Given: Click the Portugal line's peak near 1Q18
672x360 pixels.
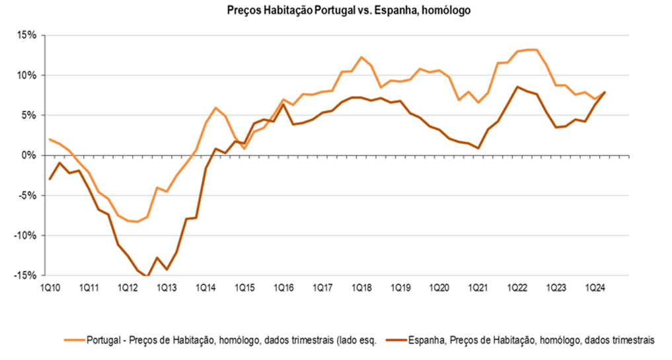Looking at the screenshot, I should click(x=361, y=57).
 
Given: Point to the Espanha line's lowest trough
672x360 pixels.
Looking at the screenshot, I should click(x=148, y=277).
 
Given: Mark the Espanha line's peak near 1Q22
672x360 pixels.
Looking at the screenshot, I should click(x=517, y=87).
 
